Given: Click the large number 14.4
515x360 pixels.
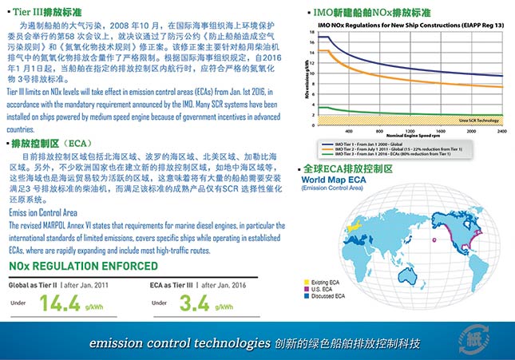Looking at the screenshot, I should pos(59,303).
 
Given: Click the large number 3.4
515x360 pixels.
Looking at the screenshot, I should pos(194,303).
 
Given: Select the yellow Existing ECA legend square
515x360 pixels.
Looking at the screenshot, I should pos(307,281).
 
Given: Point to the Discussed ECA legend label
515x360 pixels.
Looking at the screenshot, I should pos(330,295).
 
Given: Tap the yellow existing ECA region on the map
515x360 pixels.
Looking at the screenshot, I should pos(362,224).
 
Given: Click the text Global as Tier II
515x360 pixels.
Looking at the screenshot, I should pos(32,284).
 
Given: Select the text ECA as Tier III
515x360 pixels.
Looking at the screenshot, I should pos(170,284).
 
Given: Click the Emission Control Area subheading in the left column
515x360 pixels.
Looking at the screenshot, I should pos(42,213).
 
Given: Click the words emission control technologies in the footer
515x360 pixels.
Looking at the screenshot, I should pos(179,344).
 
